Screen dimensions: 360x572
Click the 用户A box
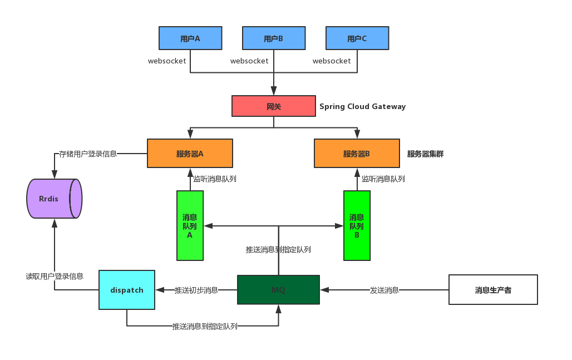190,38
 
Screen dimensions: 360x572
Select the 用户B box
274,38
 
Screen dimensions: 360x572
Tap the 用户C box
357,38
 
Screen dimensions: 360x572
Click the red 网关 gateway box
274,106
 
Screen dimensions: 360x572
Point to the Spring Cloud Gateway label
362,106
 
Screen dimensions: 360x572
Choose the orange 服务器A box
190,154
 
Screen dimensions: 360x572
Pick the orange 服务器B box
357,154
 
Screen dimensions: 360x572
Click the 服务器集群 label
425,154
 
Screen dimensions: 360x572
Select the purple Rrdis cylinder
54,199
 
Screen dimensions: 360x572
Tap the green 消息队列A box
190,225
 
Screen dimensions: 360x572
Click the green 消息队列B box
357,225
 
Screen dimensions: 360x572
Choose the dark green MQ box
278,290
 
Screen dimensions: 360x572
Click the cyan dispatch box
127,290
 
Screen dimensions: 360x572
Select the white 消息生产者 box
493,290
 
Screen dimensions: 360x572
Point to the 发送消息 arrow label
384,290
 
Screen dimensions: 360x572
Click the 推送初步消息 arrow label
196,290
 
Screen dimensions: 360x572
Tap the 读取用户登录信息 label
55,276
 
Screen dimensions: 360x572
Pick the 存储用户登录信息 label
88,154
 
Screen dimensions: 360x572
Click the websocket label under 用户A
167,61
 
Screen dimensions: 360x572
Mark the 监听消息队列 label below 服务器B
383,179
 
